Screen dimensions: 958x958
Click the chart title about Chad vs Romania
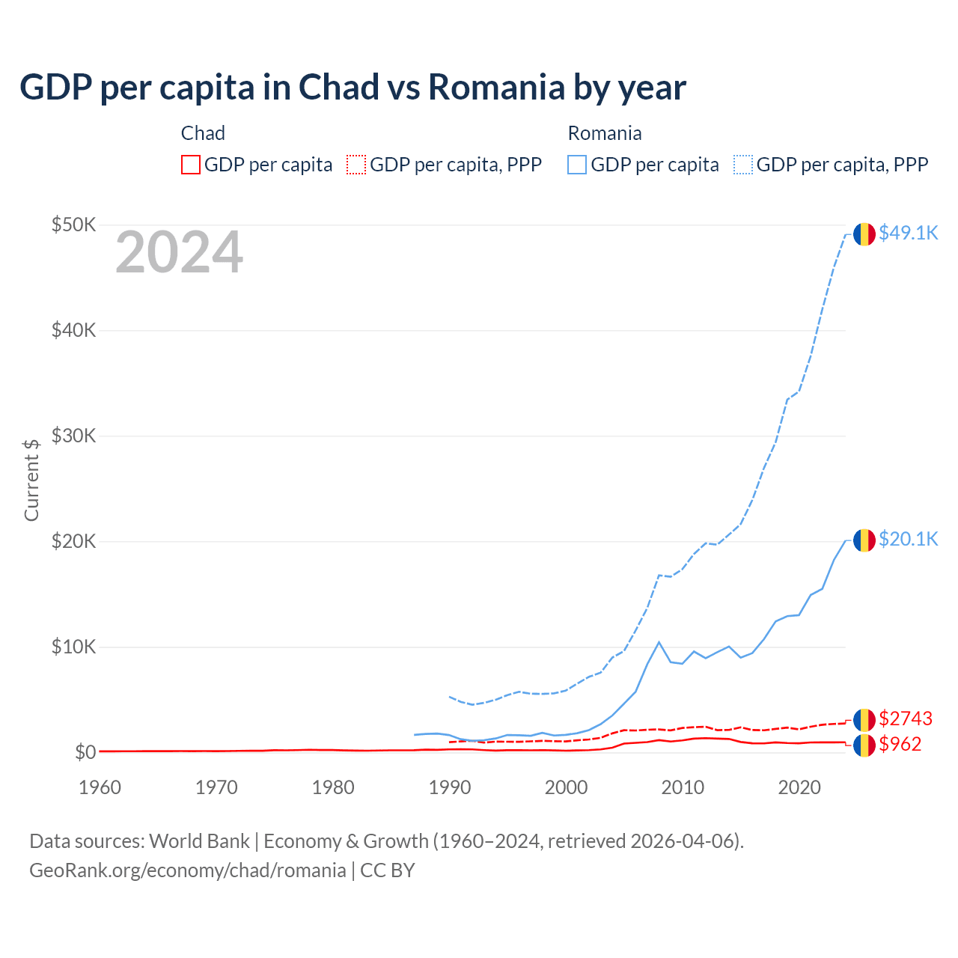pyautogui.click(x=353, y=88)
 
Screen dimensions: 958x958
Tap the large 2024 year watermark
pyautogui.click(x=179, y=253)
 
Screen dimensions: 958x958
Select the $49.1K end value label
pyautogui.click(x=908, y=233)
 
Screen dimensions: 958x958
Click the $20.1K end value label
pyautogui.click(x=908, y=539)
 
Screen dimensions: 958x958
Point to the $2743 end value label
pyautogui.click(x=906, y=718)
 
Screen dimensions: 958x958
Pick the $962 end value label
pyautogui.click(x=900, y=744)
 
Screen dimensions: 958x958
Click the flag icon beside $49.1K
pyautogui.click(x=864, y=234)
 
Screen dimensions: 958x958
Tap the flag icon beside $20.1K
pyautogui.click(x=864, y=540)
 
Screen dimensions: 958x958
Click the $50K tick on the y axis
pyautogui.click(x=73, y=225)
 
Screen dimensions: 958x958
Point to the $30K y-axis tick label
pyautogui.click(x=73, y=436)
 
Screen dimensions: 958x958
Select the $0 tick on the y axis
pyautogui.click(x=85, y=752)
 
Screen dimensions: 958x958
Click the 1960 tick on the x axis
pyautogui.click(x=100, y=787)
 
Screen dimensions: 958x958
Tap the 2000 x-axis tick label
pyautogui.click(x=566, y=787)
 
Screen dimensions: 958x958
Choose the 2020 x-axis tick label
pyautogui.click(x=799, y=787)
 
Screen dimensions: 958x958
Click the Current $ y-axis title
pyautogui.click(x=31, y=480)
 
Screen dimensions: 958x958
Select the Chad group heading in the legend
pyautogui.click(x=203, y=133)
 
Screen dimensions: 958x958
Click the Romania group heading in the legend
pyautogui.click(x=605, y=133)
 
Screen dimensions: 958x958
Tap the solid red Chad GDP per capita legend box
pyautogui.click(x=191, y=165)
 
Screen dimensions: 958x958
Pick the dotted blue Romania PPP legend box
pyautogui.click(x=743, y=165)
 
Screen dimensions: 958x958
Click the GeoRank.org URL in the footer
pyautogui.click(x=187, y=870)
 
